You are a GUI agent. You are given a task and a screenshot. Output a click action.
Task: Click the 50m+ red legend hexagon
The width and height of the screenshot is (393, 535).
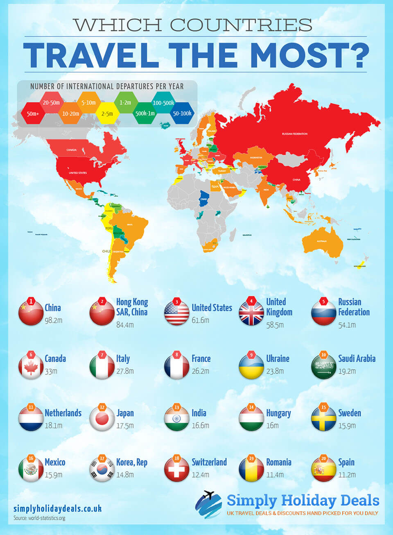pos(33,113)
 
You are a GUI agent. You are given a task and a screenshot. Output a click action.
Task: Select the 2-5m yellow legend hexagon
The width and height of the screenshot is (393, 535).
pos(107,113)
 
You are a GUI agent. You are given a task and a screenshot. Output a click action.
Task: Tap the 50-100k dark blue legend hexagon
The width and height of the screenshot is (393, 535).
pos(182,113)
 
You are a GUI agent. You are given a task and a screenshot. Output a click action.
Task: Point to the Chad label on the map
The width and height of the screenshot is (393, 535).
pos(203,199)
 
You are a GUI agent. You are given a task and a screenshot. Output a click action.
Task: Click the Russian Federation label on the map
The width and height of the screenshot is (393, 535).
pos(294,134)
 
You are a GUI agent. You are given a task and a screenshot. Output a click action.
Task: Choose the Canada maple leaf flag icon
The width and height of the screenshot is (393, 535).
pos(31,366)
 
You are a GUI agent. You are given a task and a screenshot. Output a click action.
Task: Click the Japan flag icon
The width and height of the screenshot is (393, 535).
pos(102,419)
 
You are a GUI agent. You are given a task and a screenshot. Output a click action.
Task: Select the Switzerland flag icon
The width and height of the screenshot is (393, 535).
pos(176,469)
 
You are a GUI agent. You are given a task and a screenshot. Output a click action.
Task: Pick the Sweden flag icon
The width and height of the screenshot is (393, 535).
pos(323,419)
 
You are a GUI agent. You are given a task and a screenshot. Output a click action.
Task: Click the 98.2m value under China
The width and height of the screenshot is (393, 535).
pos(53,320)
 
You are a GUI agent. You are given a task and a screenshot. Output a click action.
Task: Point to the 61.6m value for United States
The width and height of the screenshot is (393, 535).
pos(200,320)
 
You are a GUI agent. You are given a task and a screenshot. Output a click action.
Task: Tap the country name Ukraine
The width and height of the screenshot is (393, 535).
pos(278,358)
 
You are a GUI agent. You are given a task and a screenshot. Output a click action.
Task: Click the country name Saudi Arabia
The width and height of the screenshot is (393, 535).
pos(357,358)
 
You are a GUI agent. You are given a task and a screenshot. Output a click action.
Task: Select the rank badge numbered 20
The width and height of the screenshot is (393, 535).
pos(323,458)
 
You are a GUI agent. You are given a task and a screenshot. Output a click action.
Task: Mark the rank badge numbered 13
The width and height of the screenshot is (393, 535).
pos(176,407)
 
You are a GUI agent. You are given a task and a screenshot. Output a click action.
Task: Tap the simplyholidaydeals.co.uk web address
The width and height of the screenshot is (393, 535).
pos(57,508)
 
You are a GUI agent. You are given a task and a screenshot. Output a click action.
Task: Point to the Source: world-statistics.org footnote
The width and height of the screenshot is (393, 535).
pos(39,518)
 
